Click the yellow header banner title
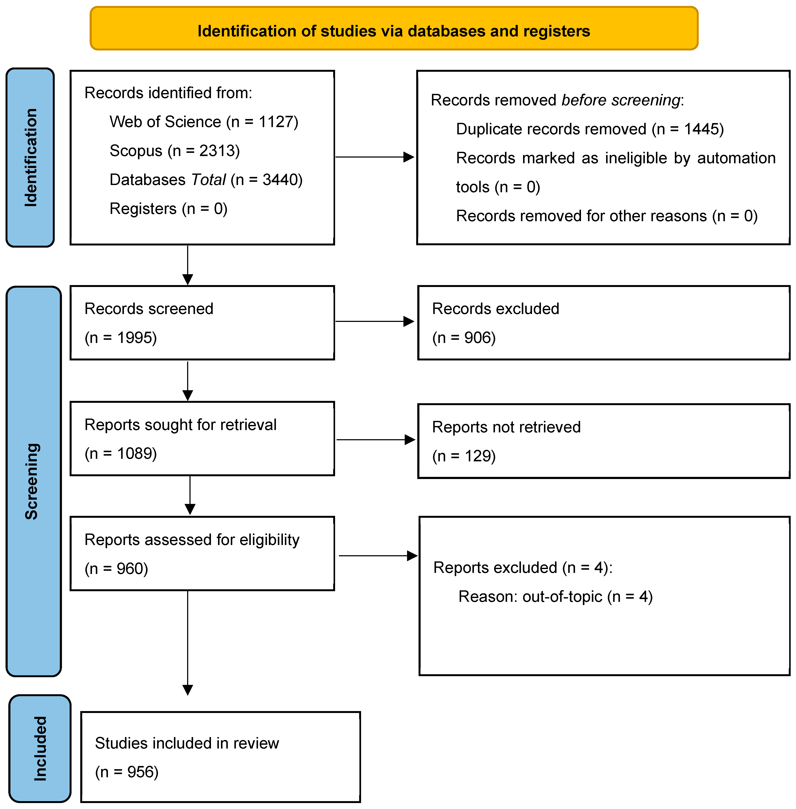(x=393, y=31)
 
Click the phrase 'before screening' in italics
(x=621, y=100)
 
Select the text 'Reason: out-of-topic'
(x=530, y=597)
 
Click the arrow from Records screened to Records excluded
(x=374, y=321)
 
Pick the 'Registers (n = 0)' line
(x=168, y=209)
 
